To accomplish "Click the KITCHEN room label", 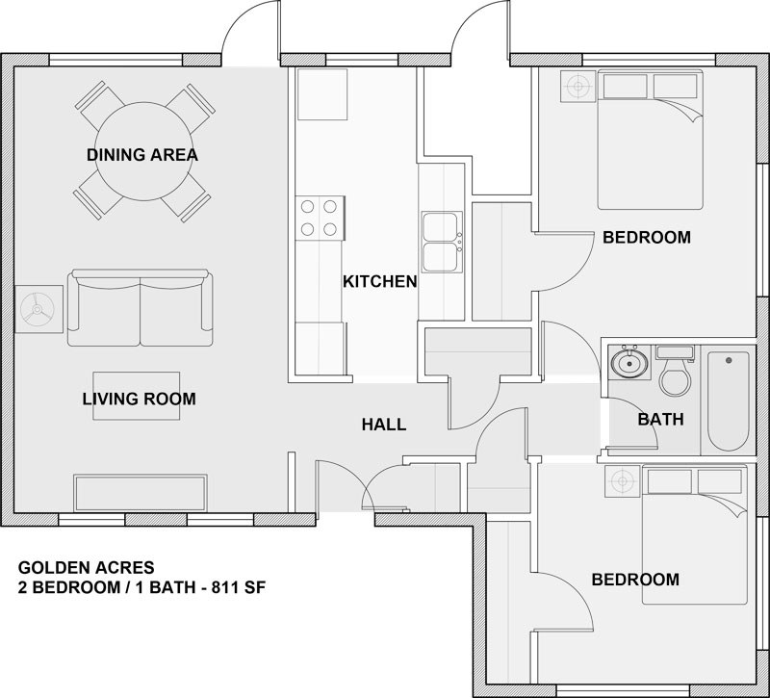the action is pos(379,282).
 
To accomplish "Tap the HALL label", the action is pos(384,425).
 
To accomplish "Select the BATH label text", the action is pos(660,420).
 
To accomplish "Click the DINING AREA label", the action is pos(142,155).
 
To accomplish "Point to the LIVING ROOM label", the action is pos(139,399).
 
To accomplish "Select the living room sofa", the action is pos(141,307).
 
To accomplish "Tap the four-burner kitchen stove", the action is pos(320,219).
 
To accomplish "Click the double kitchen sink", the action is pos(442,243).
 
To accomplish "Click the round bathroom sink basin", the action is pos(629,363).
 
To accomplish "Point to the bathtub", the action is pos(728,401).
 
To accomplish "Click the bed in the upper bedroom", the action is pos(651,140).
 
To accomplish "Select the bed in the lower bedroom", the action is pos(694,535).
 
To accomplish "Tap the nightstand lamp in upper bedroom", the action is pos(578,87).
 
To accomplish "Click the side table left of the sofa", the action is pos(38,309).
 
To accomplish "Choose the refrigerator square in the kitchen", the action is pos(322,94).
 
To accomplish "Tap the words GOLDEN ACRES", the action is pos(87,568).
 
